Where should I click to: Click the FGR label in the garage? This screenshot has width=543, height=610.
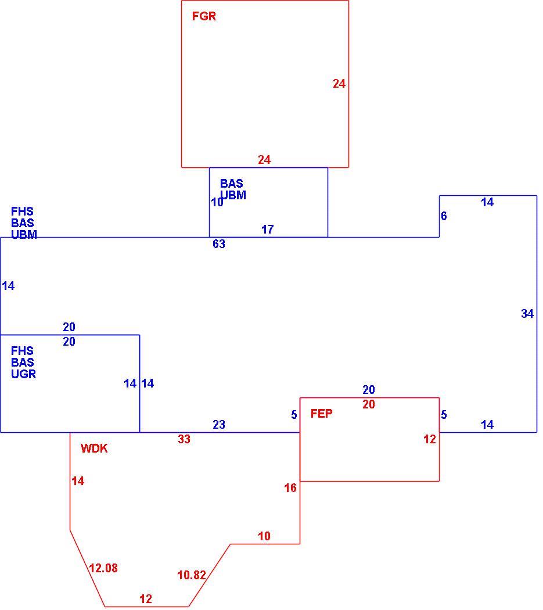click(x=204, y=16)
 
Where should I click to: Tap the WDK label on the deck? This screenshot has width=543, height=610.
click(x=94, y=448)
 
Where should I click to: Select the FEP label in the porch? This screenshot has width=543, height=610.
click(x=321, y=414)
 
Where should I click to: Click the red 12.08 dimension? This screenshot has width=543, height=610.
click(x=103, y=568)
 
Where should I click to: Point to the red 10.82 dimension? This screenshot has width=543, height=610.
click(x=192, y=575)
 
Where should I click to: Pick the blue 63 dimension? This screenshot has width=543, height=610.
click(x=219, y=244)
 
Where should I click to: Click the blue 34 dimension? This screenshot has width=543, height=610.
click(x=527, y=314)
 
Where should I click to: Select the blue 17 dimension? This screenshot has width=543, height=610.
click(x=268, y=229)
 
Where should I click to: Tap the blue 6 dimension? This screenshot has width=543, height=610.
click(x=444, y=216)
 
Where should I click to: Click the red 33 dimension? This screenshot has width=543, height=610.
click(x=184, y=439)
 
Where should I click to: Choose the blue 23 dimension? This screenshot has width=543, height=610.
click(x=219, y=425)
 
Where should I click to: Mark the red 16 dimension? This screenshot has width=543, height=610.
click(x=290, y=488)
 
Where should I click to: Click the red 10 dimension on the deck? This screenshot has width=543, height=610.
click(x=264, y=536)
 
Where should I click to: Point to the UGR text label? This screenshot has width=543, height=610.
click(x=24, y=374)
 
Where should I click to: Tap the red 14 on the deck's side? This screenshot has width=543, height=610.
click(x=78, y=481)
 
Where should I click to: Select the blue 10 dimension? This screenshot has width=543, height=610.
click(x=217, y=202)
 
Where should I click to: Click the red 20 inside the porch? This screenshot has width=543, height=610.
click(x=369, y=404)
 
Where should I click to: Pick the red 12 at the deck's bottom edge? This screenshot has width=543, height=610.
click(x=146, y=599)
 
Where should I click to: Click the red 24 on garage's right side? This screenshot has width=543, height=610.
click(x=339, y=84)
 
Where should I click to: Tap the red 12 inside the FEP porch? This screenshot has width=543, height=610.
click(x=430, y=439)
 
